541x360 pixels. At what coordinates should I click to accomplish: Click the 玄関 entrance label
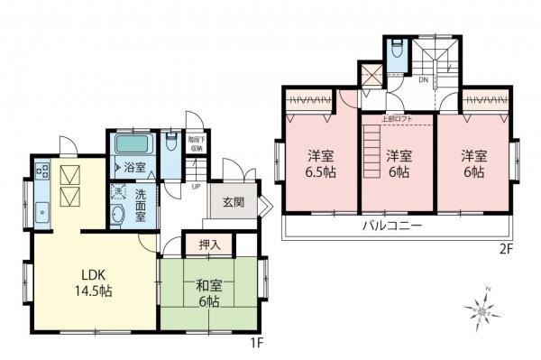(x=232, y=202)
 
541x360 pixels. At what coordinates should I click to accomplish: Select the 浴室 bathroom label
(x=134, y=168)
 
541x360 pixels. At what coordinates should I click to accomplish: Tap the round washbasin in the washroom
(x=118, y=215)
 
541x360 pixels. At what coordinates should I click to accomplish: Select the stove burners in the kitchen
(x=41, y=170)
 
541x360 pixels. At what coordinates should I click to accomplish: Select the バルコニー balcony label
(x=392, y=226)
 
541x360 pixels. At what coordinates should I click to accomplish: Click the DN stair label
(x=423, y=80)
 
